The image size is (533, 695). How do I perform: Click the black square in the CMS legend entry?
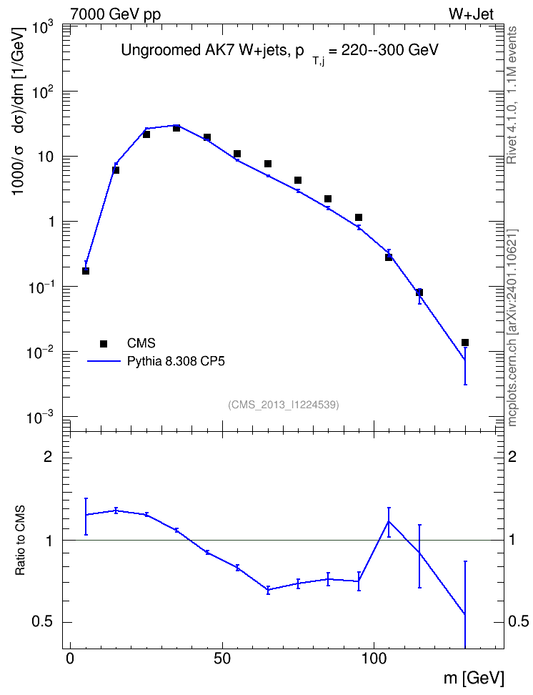pos(104,343)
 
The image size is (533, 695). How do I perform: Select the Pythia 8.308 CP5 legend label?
pos(176,361)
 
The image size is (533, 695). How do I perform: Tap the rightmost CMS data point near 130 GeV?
pos(465,342)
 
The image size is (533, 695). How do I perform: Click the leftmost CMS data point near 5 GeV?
pos(86,271)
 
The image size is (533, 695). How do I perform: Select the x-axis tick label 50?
pos(222,659)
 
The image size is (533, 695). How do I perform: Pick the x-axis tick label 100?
pos(374,659)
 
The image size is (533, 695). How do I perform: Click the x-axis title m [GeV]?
pos(474,678)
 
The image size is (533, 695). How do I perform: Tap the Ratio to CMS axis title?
pos(20,541)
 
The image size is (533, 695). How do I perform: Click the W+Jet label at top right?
pos(471,14)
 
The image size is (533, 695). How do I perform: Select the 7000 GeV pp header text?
pos(115,14)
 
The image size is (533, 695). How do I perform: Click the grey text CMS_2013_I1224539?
pos(284,405)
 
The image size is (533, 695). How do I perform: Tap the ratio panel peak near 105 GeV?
pos(389,522)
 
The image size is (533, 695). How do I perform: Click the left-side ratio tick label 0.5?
pos(42,622)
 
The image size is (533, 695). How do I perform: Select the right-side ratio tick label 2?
pos(512,456)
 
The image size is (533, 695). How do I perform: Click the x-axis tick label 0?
pos(70,659)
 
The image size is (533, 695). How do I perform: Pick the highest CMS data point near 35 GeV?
pos(176,128)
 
